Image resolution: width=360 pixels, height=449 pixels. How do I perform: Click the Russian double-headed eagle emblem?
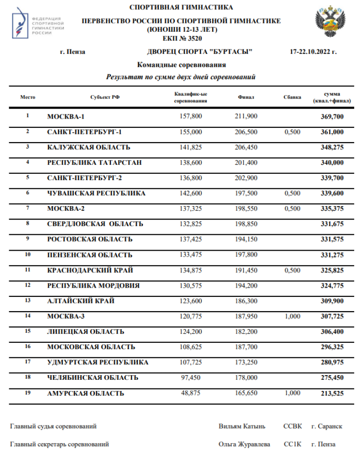point(330,22)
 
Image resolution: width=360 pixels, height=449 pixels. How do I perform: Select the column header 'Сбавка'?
point(292,97)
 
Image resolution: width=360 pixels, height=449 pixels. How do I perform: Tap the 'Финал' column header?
point(246,97)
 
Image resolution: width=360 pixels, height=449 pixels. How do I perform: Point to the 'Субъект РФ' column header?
point(105,97)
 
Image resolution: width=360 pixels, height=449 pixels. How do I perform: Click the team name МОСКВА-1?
point(69,116)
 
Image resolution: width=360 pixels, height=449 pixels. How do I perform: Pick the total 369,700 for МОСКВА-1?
point(332,116)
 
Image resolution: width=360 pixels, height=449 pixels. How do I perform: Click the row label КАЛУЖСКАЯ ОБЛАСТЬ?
point(88,147)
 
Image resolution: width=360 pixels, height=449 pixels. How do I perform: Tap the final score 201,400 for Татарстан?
point(246,162)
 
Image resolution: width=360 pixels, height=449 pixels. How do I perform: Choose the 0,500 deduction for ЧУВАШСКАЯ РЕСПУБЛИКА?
point(292,194)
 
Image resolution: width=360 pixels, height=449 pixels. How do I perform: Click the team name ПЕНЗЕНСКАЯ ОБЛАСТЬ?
point(89,255)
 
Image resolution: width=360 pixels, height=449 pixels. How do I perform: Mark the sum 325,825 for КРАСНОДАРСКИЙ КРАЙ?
point(332,270)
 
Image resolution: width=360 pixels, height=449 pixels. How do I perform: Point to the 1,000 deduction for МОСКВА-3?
point(292,316)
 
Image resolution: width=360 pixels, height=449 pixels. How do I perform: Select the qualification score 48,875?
point(193,393)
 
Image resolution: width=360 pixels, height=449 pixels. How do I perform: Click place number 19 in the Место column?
point(27,392)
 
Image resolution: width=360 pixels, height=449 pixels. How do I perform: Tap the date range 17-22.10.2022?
point(313,52)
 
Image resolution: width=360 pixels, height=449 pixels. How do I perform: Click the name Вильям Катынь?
point(241,426)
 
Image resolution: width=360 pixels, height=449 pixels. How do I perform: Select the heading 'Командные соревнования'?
point(181,65)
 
